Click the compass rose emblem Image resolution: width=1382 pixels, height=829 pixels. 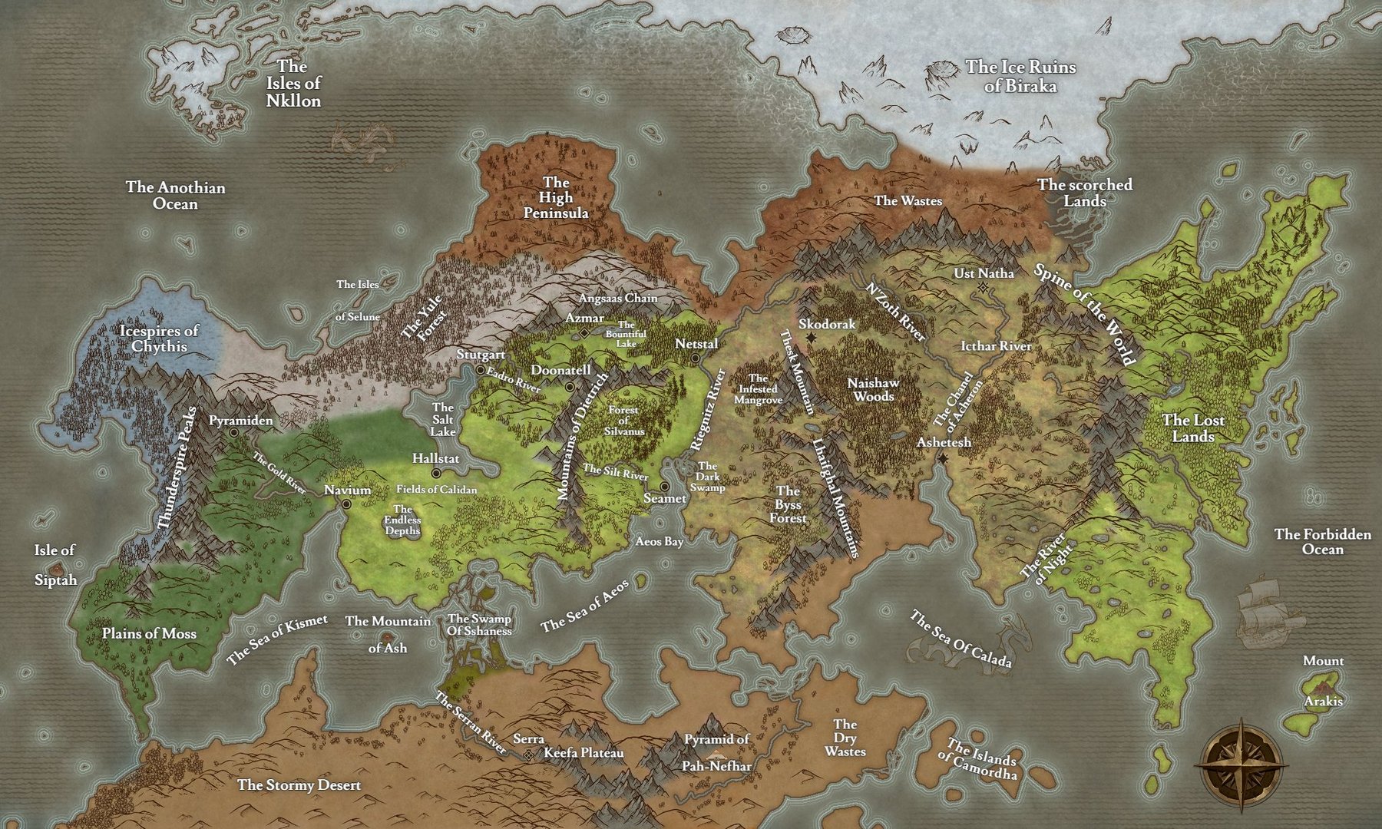[1241, 765]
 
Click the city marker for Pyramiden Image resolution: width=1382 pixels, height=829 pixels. [233, 433]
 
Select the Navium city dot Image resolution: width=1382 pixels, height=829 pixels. [347, 504]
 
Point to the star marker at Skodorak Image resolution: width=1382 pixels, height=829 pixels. [811, 338]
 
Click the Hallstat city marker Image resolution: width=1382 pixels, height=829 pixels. [436, 473]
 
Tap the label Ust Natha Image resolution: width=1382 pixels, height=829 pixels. [984, 273]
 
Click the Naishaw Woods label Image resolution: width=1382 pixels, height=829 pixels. [873, 389]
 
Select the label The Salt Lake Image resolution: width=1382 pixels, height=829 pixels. [443, 419]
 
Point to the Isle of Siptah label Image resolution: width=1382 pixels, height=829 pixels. [55, 565]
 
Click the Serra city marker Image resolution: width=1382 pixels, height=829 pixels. [529, 755]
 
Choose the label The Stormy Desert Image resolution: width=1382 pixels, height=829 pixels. [299, 785]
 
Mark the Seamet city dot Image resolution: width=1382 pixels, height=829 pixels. [664, 487]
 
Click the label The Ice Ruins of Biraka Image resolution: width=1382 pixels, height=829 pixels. [1020, 76]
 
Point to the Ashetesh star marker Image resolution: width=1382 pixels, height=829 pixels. [943, 458]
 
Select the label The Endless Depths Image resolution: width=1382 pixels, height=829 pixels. [402, 520]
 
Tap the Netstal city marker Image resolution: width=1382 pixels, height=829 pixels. [695, 358]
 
